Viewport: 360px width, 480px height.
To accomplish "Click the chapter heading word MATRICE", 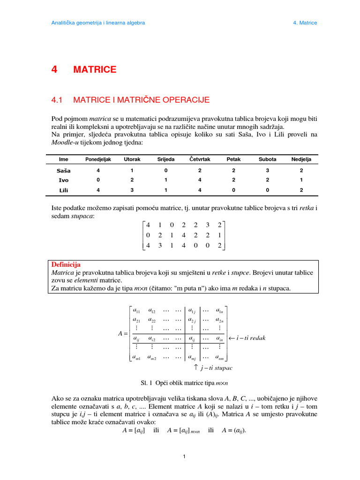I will (x=95, y=70).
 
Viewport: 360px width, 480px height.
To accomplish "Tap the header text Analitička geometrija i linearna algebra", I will (x=97, y=22).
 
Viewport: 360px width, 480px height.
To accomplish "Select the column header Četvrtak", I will (x=200, y=159).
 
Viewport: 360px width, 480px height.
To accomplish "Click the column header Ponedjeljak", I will (x=98, y=159).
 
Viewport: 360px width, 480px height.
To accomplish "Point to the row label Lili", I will (x=63, y=190).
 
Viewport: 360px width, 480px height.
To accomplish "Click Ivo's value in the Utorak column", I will (x=132, y=180).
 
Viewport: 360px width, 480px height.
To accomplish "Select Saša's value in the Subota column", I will (x=268, y=171).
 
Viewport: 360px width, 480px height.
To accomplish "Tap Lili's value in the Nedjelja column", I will (x=301, y=190).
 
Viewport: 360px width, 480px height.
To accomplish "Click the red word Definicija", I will (x=66, y=265).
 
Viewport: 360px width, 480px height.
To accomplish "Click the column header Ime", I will (x=63, y=159).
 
